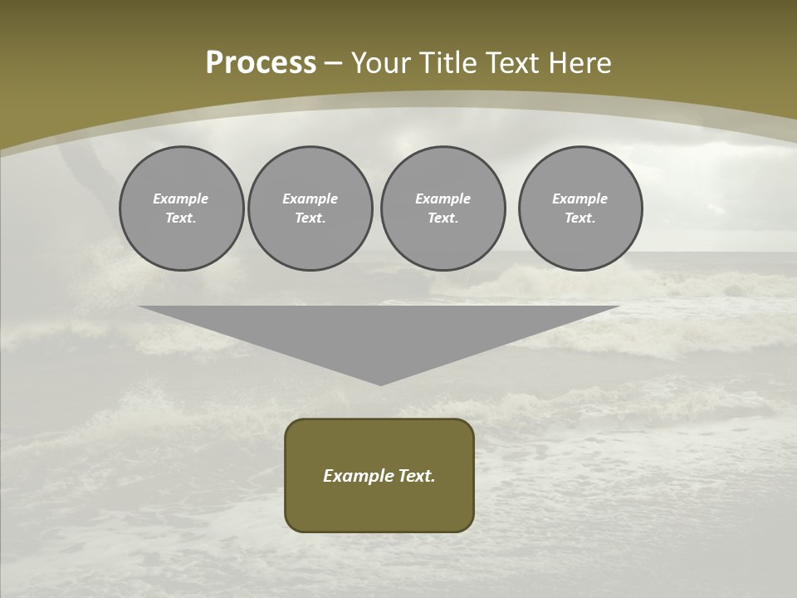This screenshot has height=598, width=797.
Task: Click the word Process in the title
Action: point(261,63)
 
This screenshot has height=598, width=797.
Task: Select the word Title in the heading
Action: point(448,63)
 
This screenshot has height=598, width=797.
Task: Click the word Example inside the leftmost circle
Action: point(181,199)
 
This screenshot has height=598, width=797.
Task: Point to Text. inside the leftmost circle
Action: point(181,218)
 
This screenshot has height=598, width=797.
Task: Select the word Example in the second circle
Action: point(310,199)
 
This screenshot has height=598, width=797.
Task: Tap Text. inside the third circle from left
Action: point(443,218)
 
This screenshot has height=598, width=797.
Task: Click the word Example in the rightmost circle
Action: point(579,199)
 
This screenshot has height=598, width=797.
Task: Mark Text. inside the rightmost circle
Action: point(579,218)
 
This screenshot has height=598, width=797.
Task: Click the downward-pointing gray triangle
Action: point(379,336)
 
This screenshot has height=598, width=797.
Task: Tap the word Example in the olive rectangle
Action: point(359,476)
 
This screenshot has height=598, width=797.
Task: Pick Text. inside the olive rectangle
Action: point(416,476)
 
